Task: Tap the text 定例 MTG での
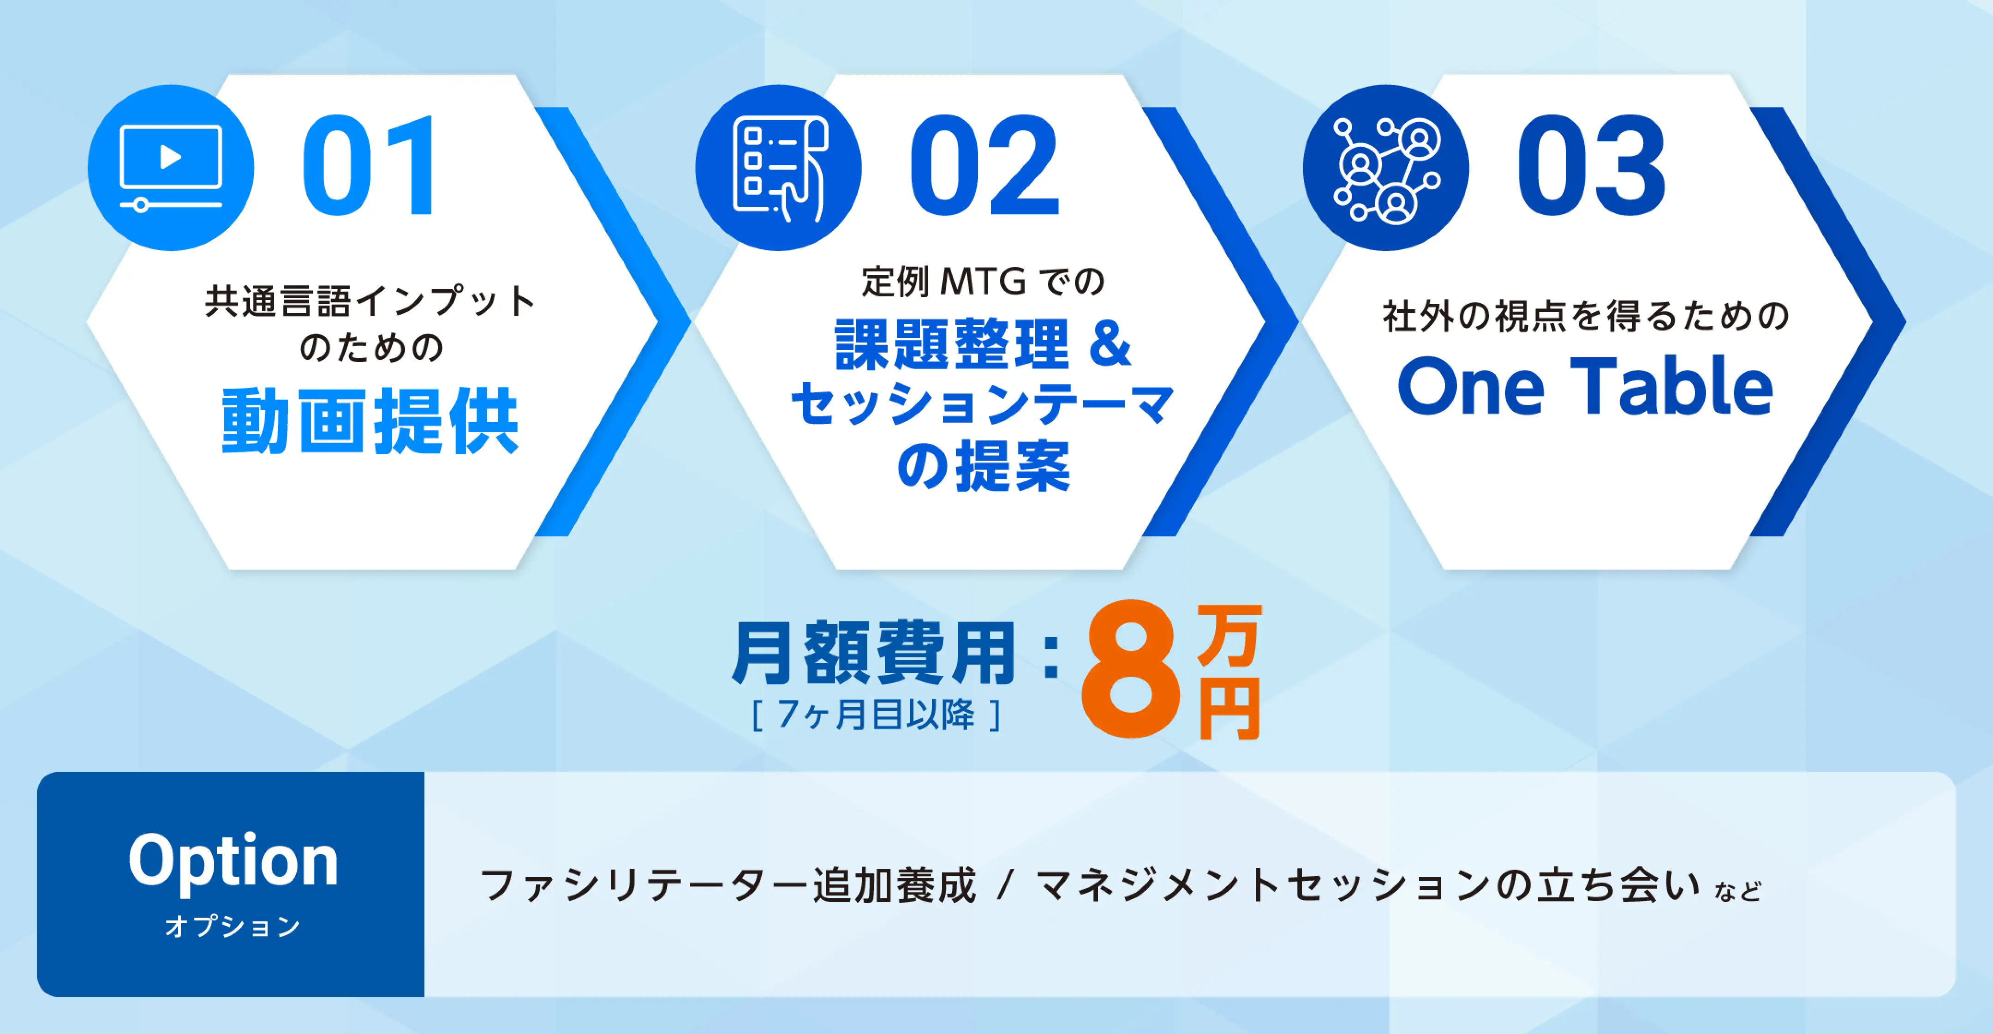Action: tap(983, 281)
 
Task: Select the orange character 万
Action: tap(1230, 635)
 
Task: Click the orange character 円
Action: tap(1230, 708)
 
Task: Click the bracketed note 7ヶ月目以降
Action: tap(877, 715)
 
